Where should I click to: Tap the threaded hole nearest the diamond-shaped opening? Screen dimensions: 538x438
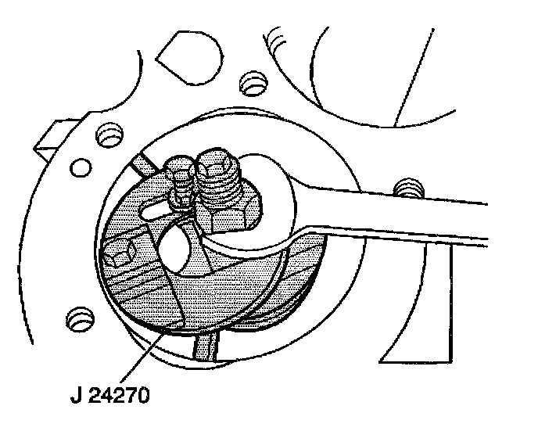tap(253, 81)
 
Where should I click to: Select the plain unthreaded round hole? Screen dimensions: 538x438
tap(78, 167)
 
